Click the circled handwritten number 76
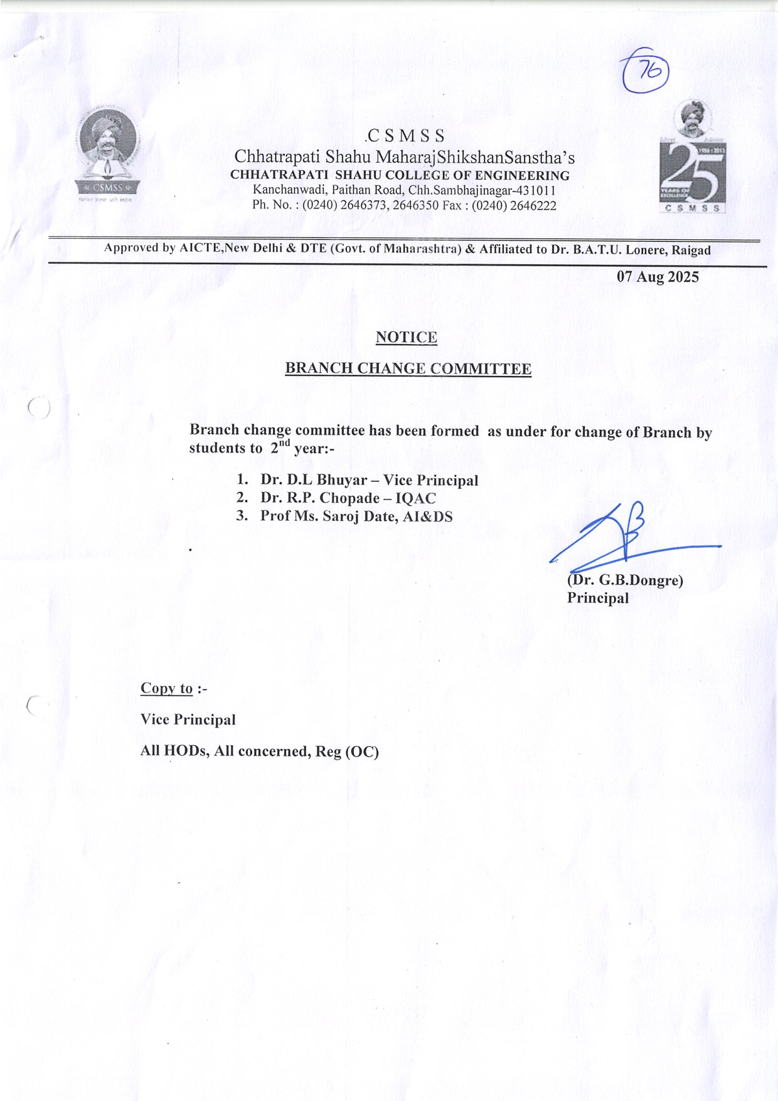tap(644, 72)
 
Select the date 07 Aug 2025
tap(658, 277)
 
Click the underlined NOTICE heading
tap(407, 337)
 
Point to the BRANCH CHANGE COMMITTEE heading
tap(408, 368)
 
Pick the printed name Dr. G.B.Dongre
tap(626, 580)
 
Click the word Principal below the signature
tap(597, 598)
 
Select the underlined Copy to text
tap(166, 689)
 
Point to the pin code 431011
tap(536, 190)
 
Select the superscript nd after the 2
tap(285, 443)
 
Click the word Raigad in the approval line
tap(691, 250)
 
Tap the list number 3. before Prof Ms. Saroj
tap(242, 516)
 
